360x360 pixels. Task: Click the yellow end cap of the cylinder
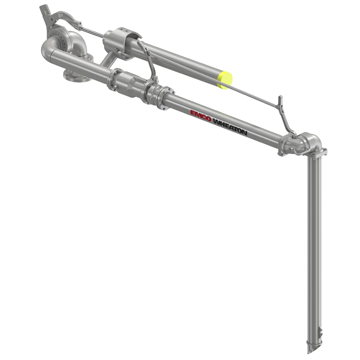(226, 77)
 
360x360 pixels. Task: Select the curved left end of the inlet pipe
(48, 53)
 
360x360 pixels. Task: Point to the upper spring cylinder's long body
(180, 60)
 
